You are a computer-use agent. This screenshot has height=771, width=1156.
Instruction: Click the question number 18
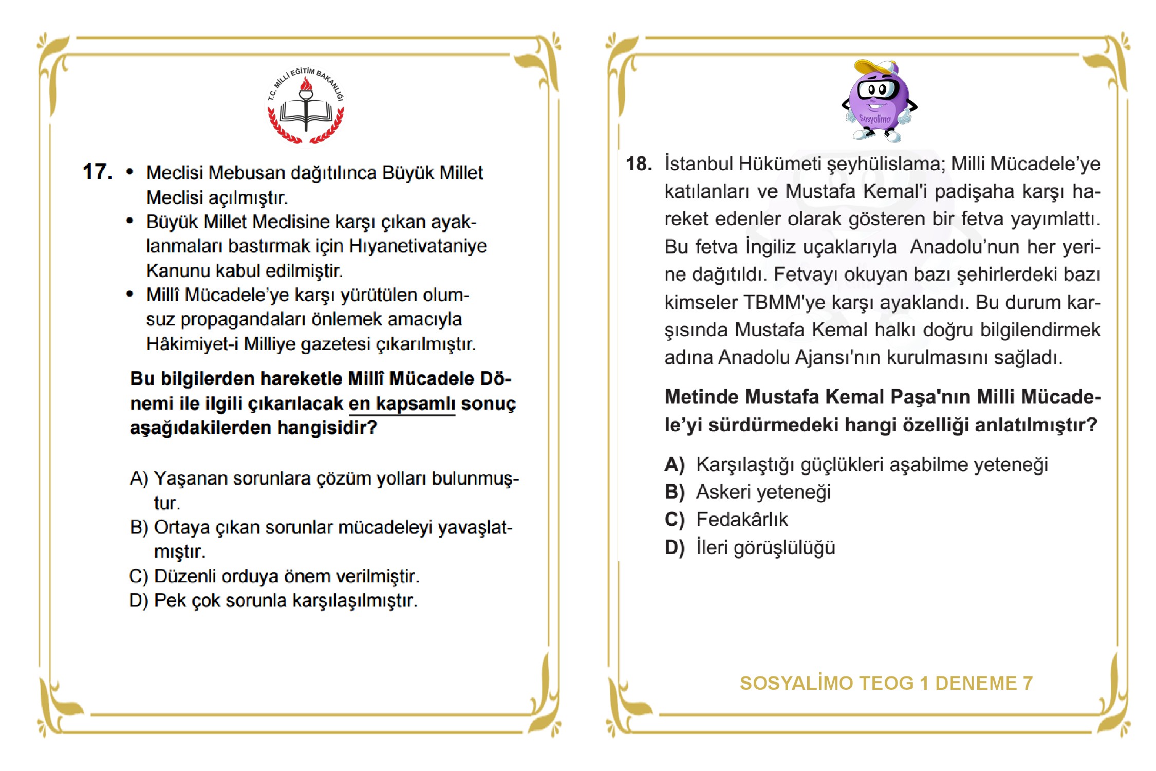pyautogui.click(x=639, y=164)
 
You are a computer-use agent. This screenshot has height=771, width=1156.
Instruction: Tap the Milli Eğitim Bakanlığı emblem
pyautogui.click(x=306, y=105)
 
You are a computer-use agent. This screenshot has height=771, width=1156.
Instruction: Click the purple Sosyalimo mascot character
pyautogui.click(x=879, y=103)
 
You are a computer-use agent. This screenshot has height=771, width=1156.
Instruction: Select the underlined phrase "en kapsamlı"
pyautogui.click(x=402, y=403)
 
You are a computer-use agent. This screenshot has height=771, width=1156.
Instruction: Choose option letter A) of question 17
pyautogui.click(x=139, y=479)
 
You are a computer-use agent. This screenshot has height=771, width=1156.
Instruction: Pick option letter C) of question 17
pyautogui.click(x=139, y=576)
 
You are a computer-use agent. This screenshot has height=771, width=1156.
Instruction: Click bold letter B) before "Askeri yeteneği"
pyautogui.click(x=675, y=492)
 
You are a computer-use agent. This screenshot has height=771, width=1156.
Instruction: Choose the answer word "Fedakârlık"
pyautogui.click(x=742, y=520)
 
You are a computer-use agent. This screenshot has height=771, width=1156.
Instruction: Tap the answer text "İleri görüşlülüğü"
pyautogui.click(x=766, y=547)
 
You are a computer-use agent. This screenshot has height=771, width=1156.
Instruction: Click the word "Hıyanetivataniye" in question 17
pyautogui.click(x=418, y=246)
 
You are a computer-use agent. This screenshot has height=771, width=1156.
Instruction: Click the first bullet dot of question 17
pyautogui.click(x=129, y=172)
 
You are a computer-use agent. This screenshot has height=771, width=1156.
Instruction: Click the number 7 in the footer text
pyautogui.click(x=1027, y=684)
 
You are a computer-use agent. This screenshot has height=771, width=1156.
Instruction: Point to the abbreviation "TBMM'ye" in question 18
pyautogui.click(x=784, y=302)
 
